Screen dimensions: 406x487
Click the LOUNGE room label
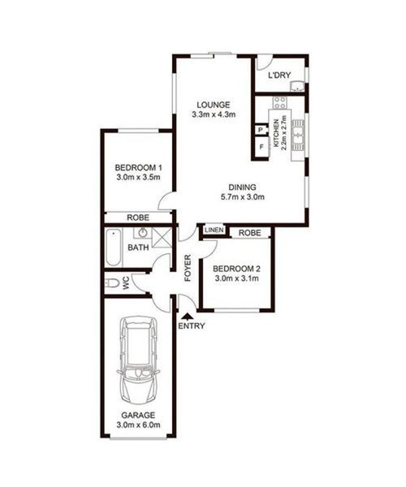pos(214,105)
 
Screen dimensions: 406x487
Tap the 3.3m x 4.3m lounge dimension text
pos(214,114)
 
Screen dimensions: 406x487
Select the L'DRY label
pos(279,75)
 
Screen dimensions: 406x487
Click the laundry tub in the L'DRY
pos(297,86)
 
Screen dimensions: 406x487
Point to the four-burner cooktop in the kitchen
pos(279,102)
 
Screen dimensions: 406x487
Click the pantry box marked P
pos(261,130)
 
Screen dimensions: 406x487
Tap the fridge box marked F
pos(261,147)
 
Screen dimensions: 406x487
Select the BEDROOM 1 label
pos(138,168)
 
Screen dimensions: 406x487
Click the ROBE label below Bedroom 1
pos(138,218)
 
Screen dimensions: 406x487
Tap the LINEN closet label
pos(214,231)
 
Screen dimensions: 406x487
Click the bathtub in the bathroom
pos(113,248)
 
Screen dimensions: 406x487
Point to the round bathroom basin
pos(143,232)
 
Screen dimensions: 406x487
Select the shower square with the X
pos(162,238)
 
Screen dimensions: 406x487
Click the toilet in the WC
pos(112,283)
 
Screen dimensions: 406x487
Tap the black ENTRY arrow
pos(187,317)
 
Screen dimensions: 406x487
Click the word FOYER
pos(188,268)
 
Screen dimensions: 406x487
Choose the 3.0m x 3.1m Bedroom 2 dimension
pos(237,278)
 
